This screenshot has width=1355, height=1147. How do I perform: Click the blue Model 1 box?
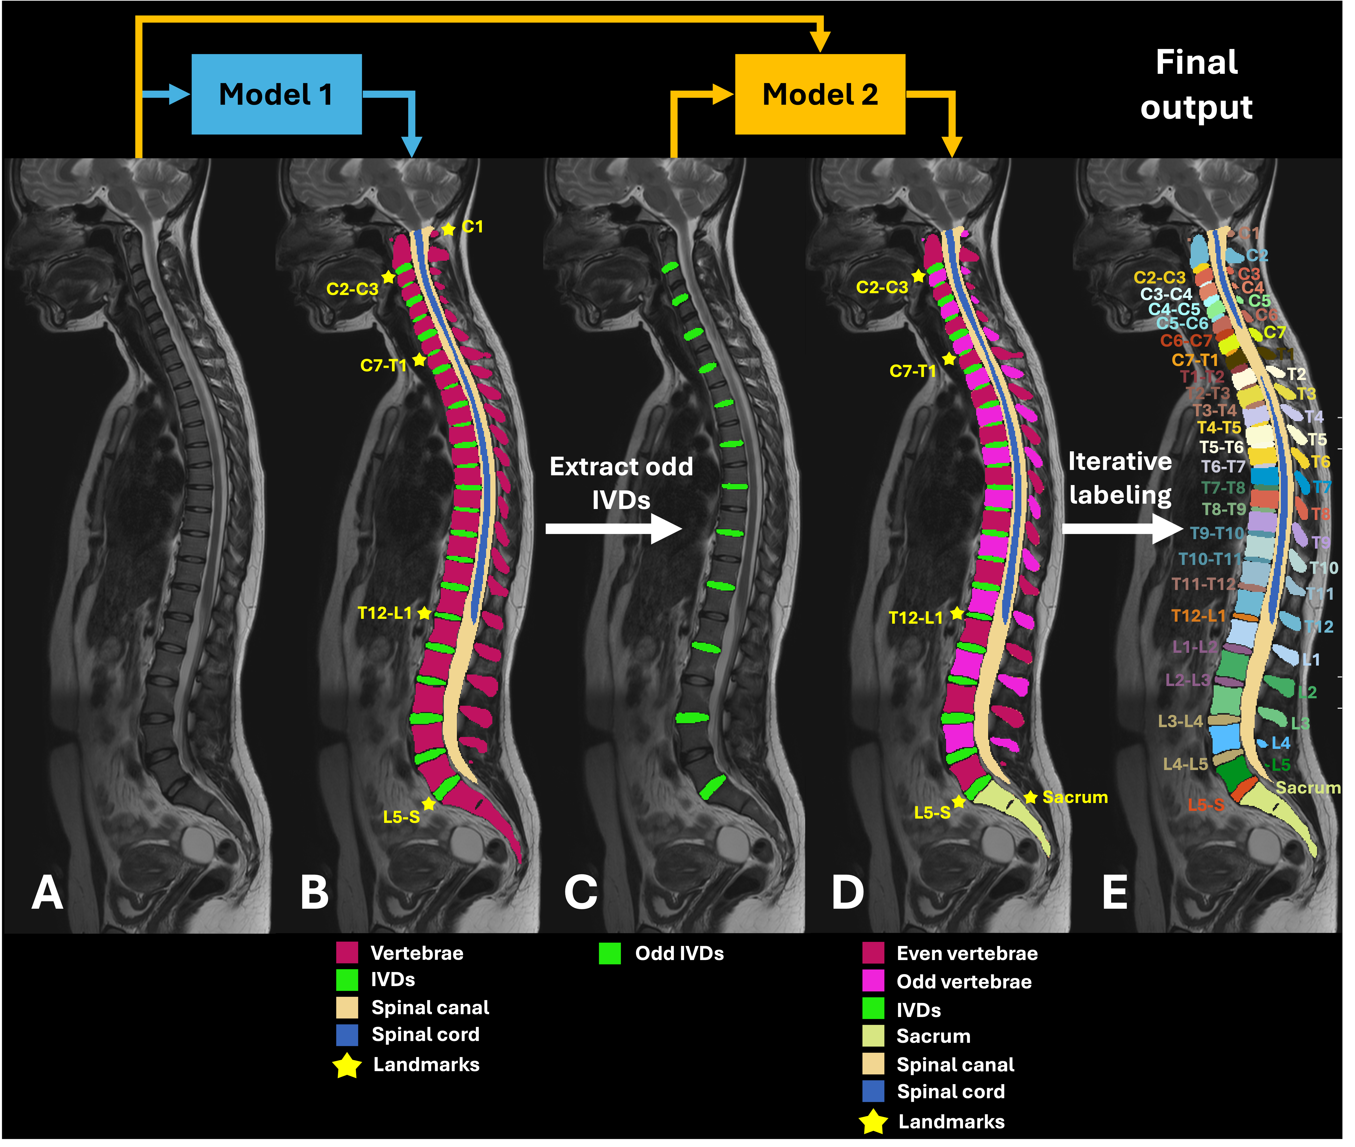pos(276,94)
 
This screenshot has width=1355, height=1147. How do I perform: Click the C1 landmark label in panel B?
pos(472,227)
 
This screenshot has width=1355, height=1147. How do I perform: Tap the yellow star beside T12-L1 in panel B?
pos(424,613)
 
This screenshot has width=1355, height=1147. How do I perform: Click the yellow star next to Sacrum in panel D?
pos(1031,797)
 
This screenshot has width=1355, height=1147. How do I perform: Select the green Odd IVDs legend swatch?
pos(610,953)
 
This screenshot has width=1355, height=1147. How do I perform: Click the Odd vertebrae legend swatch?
pos(873,981)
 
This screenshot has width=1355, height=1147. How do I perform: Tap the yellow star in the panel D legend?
pos(873,1122)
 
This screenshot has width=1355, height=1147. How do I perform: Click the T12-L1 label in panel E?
pos(1198,616)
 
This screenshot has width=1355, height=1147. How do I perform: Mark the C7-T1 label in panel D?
pos(913,371)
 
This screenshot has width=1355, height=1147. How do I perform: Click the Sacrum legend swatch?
pos(873,1036)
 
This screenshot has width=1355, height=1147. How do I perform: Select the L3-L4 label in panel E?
pos(1180,721)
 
